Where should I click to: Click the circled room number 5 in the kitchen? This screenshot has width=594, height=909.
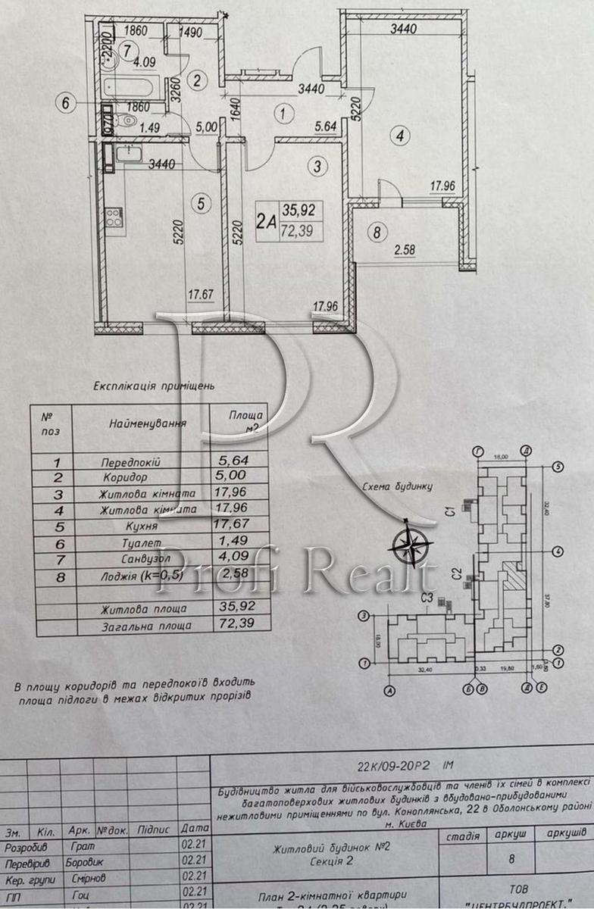pos(201,203)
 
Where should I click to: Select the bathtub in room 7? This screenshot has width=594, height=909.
pos(132,87)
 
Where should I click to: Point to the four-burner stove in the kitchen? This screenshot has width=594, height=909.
pos(112,217)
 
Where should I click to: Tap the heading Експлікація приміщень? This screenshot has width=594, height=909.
pos(154,385)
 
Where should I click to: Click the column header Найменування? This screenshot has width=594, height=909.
pos(148,422)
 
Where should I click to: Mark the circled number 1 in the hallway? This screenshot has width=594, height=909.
pos(283,115)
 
